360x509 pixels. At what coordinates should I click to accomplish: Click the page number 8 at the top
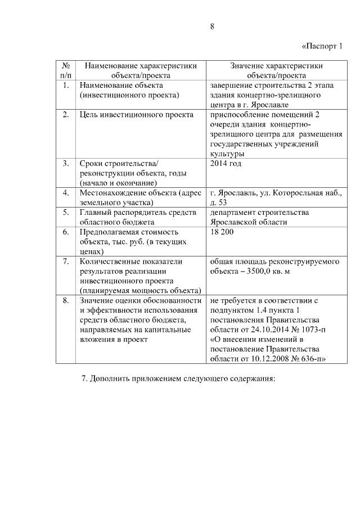tap(212, 26)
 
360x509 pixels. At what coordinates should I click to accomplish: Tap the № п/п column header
tap(66, 70)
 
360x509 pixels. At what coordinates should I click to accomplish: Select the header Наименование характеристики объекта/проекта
tap(141, 70)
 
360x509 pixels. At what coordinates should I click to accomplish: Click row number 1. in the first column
tap(66, 85)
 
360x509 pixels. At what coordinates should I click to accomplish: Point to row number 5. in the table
tap(66, 212)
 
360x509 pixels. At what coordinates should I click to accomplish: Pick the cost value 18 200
tap(222, 232)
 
